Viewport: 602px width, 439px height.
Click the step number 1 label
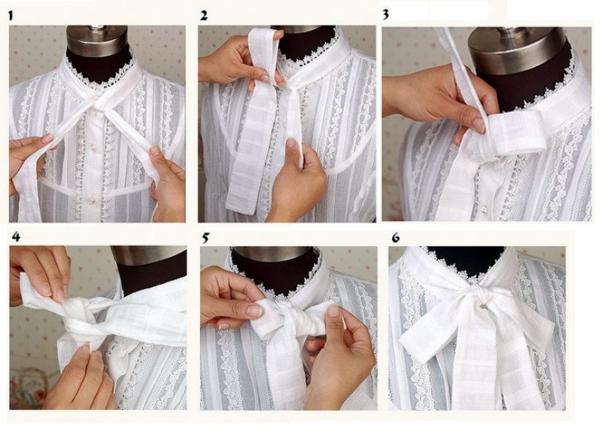click(x=11, y=16)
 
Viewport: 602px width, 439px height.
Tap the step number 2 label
click(x=203, y=15)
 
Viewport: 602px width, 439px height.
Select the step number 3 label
click(x=385, y=14)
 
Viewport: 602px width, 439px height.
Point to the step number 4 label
click(x=16, y=236)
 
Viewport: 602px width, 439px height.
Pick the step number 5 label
click(x=205, y=238)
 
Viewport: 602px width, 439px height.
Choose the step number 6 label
click(x=396, y=238)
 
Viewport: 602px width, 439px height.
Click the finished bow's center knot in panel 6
click(x=484, y=297)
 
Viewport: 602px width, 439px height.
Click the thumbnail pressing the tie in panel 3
click(x=479, y=125)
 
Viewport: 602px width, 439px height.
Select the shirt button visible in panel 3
click(x=484, y=209)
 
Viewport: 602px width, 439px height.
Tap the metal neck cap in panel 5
click(x=273, y=254)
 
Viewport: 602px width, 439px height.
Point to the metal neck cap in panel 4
click(x=149, y=255)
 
